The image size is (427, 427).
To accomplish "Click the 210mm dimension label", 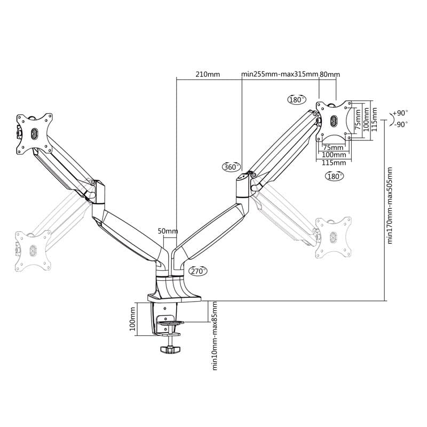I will [208, 74].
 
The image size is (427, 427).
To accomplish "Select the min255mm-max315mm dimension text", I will [279, 74].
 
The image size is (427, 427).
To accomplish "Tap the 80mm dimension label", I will [329, 74].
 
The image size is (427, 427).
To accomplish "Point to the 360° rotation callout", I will [232, 167].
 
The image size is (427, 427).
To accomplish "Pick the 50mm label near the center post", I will [168, 231].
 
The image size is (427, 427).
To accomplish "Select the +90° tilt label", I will [399, 113].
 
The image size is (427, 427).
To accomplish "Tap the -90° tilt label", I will [401, 124].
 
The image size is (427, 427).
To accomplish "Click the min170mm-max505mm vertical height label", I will [390, 205].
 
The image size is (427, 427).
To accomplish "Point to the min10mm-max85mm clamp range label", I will [215, 335].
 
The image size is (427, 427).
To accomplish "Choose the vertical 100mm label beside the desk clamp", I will [133, 319].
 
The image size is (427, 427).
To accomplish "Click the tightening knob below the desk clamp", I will [170, 350].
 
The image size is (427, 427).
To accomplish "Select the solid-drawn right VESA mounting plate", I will [334, 120].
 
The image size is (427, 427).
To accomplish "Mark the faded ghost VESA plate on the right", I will [333, 235].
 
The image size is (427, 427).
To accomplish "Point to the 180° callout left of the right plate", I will [297, 99].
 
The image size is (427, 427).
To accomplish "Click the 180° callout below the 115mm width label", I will [334, 176].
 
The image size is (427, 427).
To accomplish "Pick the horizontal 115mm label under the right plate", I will [334, 162].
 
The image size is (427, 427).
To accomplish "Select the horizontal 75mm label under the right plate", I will [334, 147].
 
